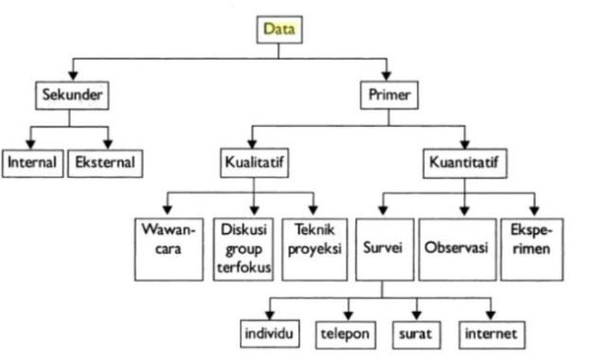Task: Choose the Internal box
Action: [32, 162]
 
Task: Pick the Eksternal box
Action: [104, 162]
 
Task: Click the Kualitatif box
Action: [253, 162]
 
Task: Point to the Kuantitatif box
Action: [464, 162]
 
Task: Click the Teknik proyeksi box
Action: [317, 248]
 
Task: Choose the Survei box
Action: [383, 248]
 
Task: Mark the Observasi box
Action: [456, 248]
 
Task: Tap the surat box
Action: [416, 333]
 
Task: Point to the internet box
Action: [490, 333]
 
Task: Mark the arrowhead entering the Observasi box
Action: [463, 211]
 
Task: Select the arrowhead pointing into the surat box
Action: [416, 315]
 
